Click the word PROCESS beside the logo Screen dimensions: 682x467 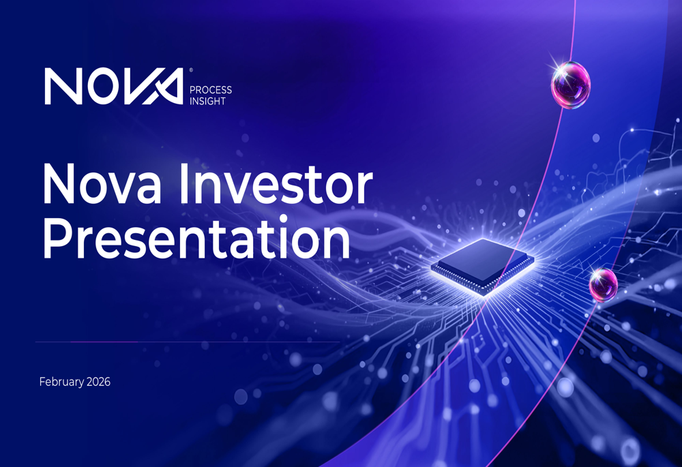click(x=211, y=90)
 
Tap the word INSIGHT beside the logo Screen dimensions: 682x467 click(x=207, y=102)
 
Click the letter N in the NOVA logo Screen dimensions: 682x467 click(x=63, y=86)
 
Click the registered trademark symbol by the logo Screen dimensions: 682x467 click(x=190, y=70)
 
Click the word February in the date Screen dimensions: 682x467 click(x=62, y=382)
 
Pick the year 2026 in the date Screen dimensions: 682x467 click(x=99, y=382)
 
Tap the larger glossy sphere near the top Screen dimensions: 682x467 click(x=571, y=85)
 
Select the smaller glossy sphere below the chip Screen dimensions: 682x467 click(x=604, y=285)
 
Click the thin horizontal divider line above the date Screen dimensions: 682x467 click(x=188, y=342)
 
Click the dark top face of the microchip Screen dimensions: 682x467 click(x=481, y=260)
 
